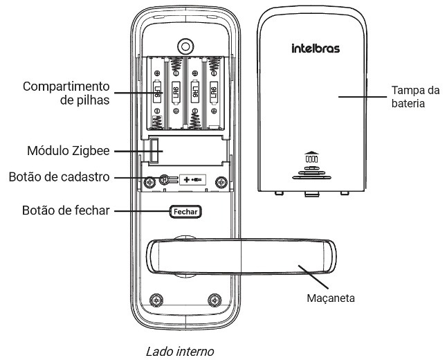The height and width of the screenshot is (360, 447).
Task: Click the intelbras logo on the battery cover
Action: [314, 49]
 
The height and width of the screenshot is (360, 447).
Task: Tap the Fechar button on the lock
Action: [185, 211]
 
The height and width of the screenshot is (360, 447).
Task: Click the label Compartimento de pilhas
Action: [66, 93]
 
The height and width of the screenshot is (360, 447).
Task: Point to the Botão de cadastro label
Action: [60, 177]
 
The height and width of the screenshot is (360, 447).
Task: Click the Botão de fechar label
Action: [65, 210]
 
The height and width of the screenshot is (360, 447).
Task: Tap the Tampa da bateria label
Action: [415, 96]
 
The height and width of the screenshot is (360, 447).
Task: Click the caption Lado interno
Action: [180, 351]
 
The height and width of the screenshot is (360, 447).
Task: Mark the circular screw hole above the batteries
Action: [185, 46]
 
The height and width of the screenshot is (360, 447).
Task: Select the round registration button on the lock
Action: [165, 181]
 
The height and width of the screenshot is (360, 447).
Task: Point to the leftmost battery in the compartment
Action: [158, 93]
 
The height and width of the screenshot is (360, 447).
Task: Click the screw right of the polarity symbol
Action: [220, 181]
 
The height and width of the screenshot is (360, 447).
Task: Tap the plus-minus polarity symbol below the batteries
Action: [192, 181]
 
